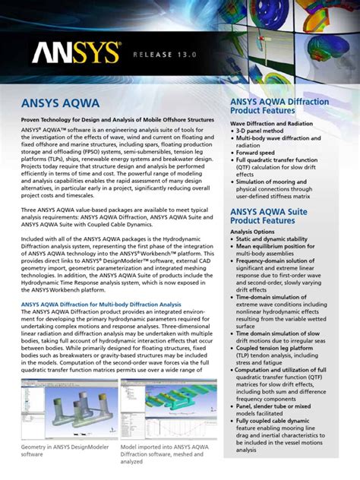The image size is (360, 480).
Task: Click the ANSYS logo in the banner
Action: coord(76,52)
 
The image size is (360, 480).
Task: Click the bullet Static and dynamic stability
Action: coord(281,239)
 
